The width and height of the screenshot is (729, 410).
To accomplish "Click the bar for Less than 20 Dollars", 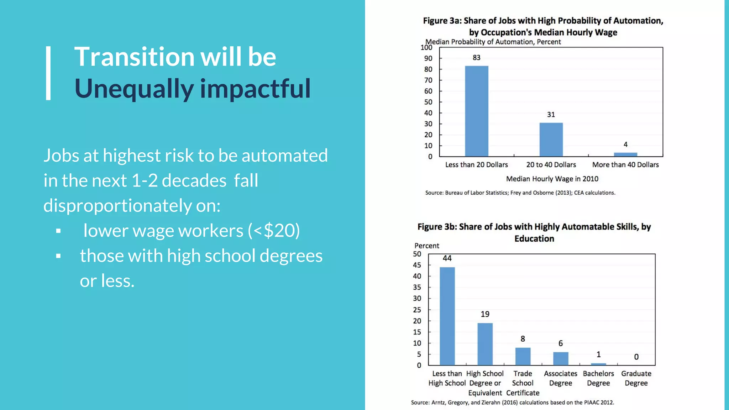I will pyautogui.click(x=476, y=111).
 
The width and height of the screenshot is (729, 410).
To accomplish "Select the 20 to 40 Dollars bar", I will pyautogui.click(x=551, y=140).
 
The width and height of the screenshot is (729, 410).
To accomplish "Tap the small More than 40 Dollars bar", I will pyautogui.click(x=625, y=154).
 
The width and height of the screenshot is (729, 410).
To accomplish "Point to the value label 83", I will pyautogui.click(x=476, y=58).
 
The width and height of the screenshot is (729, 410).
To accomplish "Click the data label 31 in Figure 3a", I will pyautogui.click(x=551, y=115).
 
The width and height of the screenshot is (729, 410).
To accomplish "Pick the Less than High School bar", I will pyautogui.click(x=447, y=316).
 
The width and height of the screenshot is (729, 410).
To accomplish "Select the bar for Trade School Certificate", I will pyautogui.click(x=523, y=356).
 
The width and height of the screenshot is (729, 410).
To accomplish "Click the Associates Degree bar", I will pyautogui.click(x=561, y=358).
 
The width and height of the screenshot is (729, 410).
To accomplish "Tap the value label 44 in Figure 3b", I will pyautogui.click(x=447, y=258).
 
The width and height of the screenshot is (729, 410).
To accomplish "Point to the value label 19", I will pyautogui.click(x=485, y=314).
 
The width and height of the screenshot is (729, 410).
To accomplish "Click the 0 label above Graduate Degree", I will pyautogui.click(x=636, y=357).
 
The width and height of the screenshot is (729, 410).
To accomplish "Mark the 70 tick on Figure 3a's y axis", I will pyautogui.click(x=428, y=80).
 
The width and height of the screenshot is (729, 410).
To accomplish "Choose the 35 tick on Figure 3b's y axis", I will pyautogui.click(x=417, y=287).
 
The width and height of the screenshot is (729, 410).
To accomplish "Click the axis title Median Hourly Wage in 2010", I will pyautogui.click(x=552, y=179).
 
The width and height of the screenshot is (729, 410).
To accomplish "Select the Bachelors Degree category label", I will pyautogui.click(x=598, y=378).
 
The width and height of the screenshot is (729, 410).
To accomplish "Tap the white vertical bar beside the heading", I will pyautogui.click(x=48, y=73).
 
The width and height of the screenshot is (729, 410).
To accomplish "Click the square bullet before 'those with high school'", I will pyautogui.click(x=58, y=256).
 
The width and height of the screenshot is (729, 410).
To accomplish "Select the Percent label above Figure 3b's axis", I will pyautogui.click(x=426, y=246).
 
